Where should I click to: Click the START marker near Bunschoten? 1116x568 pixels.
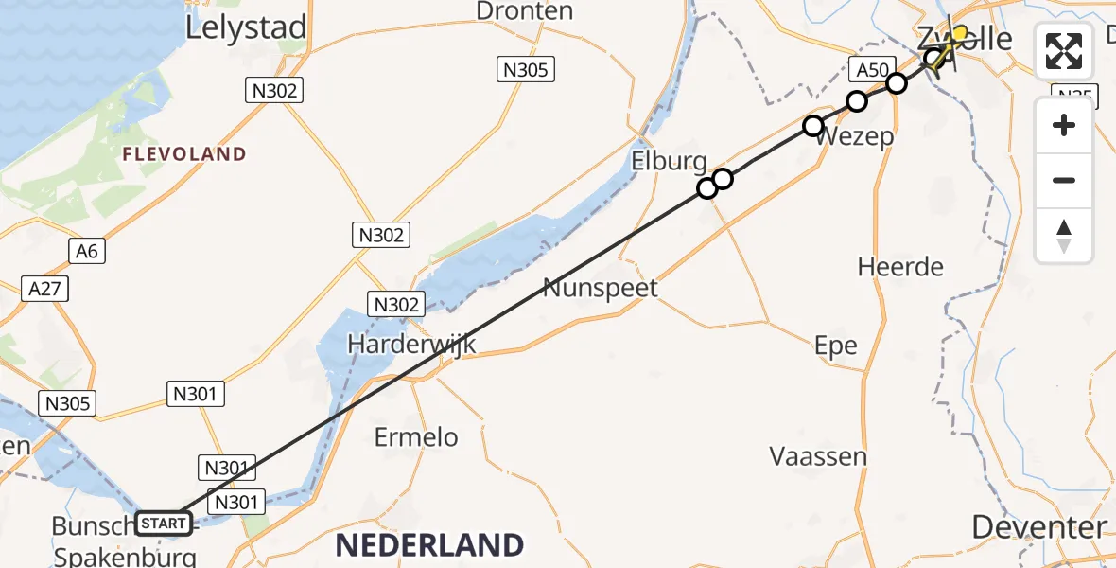[x=165, y=523]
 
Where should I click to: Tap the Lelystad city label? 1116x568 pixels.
[x=246, y=27]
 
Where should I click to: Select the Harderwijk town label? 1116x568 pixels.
[x=411, y=344]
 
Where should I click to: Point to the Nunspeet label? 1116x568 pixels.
[x=600, y=287]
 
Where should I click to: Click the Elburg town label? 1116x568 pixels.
[x=669, y=162]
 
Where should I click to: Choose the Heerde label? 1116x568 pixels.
[x=900, y=267]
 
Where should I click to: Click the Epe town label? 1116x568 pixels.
[x=836, y=346]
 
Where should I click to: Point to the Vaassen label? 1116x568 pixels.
[x=818, y=456]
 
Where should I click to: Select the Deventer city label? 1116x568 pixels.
[x=1038, y=527]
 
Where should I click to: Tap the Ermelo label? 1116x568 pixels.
[x=416, y=437]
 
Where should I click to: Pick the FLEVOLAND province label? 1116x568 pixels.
[x=183, y=154]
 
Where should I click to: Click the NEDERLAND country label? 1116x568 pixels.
[x=429, y=545]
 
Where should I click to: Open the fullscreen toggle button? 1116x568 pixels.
[x=1064, y=51]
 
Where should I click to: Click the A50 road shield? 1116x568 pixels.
[x=870, y=70]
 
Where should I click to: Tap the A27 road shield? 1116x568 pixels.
[x=45, y=289]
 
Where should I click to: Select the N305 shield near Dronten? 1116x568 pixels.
[x=526, y=68]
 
